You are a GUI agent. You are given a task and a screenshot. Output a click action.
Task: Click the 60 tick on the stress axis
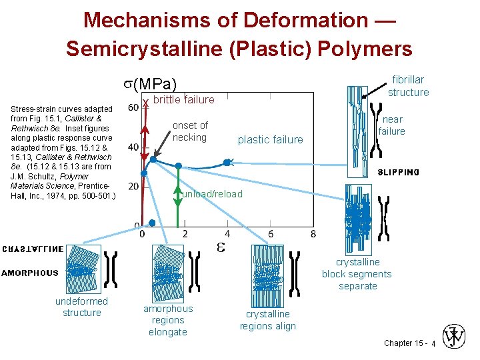pyautogui.click(x=133, y=107)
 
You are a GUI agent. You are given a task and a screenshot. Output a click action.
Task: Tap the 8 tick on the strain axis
pyautogui.click(x=313, y=234)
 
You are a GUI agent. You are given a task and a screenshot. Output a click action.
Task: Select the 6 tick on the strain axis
pyautogui.click(x=271, y=234)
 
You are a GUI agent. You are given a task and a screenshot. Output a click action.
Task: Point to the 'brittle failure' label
pyautogui.click(x=184, y=100)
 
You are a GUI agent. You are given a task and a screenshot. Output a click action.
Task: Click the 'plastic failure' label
pyautogui.click(x=270, y=139)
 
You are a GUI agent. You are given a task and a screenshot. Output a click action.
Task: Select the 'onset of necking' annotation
pyautogui.click(x=190, y=131)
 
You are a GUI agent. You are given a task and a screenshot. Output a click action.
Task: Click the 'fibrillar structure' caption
pyautogui.click(x=408, y=86)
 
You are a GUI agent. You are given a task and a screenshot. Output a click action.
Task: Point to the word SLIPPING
pyautogui.click(x=398, y=173)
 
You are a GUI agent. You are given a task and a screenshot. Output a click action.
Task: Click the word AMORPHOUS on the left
pyautogui.click(x=30, y=273)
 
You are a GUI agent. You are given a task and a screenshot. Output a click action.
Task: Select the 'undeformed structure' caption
pyautogui.click(x=81, y=307)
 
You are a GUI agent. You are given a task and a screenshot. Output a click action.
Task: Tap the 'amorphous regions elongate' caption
pyautogui.click(x=167, y=320)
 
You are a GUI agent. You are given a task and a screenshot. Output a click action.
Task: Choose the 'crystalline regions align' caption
pyautogui.click(x=267, y=320)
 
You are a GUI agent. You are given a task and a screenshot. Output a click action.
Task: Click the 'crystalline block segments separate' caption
pyautogui.click(x=357, y=274)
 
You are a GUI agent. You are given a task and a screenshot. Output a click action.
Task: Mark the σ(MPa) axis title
pyautogui.click(x=150, y=84)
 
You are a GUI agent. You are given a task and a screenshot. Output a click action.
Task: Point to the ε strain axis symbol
pyautogui.click(x=221, y=247)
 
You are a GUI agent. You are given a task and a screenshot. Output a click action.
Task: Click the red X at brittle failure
pyautogui.click(x=145, y=103)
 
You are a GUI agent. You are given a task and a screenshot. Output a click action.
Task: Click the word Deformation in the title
pyautogui.click(x=305, y=20)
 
